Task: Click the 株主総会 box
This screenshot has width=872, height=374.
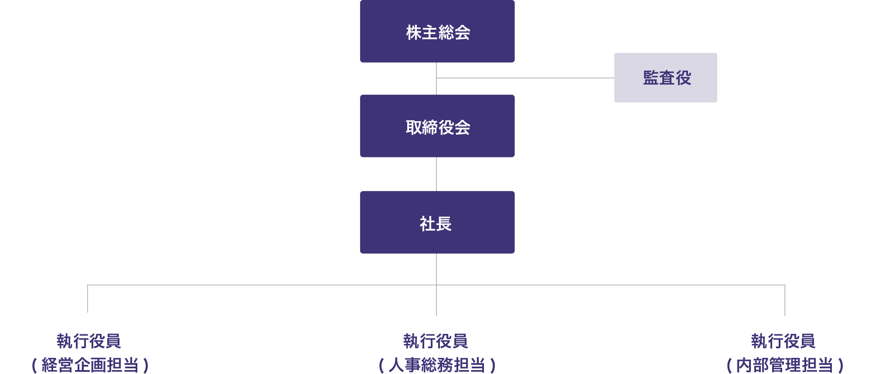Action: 437,31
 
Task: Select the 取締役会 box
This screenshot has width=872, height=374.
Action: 437,126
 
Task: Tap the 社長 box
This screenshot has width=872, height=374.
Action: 437,222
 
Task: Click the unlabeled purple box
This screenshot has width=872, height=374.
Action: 665,78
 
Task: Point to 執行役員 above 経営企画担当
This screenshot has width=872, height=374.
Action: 89,341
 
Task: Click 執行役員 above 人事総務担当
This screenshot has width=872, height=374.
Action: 436,341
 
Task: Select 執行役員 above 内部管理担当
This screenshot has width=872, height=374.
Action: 783,341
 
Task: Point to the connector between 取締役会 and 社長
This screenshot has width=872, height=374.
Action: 436,174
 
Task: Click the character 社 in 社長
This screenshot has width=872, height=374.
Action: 427,224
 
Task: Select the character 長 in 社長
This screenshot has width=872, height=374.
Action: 444,224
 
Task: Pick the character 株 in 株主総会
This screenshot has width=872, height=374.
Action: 413,33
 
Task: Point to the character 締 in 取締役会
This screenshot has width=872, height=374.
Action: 430,128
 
